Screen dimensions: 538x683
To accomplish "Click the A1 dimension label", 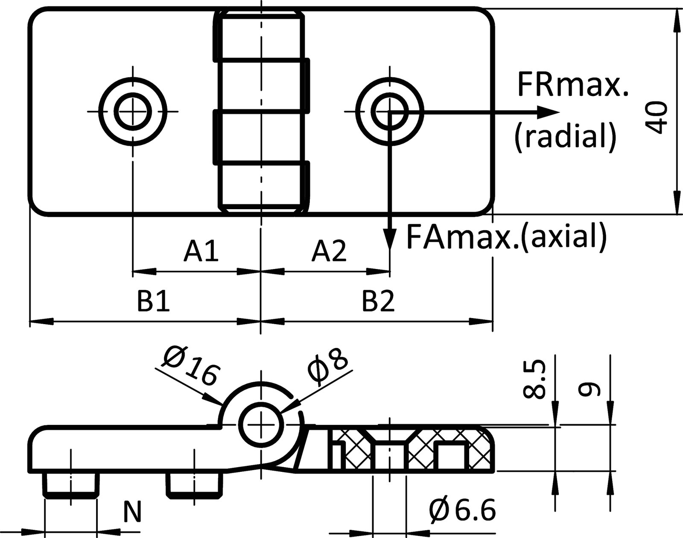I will point(201,251).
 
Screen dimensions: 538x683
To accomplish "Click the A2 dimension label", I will point(329,251).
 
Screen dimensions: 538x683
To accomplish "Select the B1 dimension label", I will point(154,302).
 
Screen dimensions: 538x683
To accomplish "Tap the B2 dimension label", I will point(379,302).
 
